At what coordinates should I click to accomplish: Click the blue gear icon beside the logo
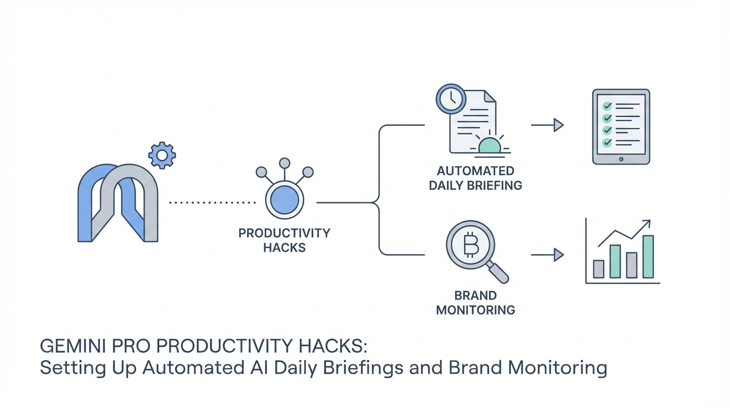click(x=162, y=155)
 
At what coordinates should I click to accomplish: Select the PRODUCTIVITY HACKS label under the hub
click(x=284, y=240)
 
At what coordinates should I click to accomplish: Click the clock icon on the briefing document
click(x=450, y=99)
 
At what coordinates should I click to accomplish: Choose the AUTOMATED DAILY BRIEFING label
click(x=475, y=178)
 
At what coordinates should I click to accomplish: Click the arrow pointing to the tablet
click(x=547, y=125)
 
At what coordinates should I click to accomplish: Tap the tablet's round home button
click(x=621, y=158)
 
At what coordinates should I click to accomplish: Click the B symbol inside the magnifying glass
click(x=470, y=244)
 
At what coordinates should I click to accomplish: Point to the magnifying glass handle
click(x=499, y=274)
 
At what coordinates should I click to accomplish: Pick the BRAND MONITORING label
click(x=475, y=303)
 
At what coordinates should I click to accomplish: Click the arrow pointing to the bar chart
click(x=547, y=255)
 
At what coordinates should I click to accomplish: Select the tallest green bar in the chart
click(x=648, y=257)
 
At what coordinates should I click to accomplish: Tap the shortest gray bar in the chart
click(x=598, y=269)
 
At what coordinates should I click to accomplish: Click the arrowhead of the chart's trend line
click(x=647, y=224)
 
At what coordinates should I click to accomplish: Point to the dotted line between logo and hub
click(x=212, y=202)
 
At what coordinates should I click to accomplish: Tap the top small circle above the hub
click(x=284, y=163)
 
